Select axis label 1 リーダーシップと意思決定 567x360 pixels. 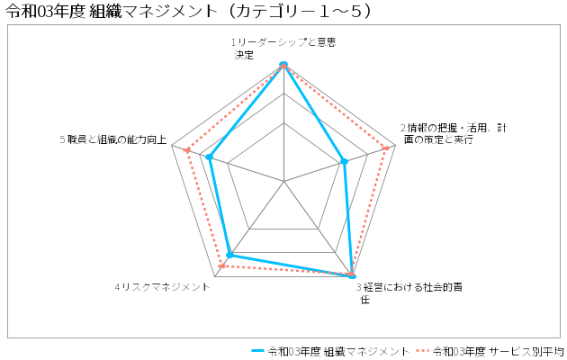(283, 49)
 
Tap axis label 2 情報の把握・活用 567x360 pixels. (454, 134)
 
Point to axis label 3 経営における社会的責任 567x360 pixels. (409, 293)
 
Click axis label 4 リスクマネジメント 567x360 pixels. (162, 287)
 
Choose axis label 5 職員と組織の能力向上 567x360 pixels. (113, 139)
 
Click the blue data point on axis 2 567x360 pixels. (344, 162)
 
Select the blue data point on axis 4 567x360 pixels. (230, 256)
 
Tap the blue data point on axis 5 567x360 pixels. (209, 157)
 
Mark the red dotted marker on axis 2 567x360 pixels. (386, 148)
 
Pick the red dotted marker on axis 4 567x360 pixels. (221, 266)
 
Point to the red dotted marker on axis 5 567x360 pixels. (187, 150)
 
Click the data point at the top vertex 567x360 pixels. (283, 65)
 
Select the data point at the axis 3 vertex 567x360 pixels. (352, 275)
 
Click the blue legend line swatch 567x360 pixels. (258, 351)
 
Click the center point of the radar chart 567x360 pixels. (283, 181)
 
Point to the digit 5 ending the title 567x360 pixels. (355, 12)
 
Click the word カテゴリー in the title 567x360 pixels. (274, 12)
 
